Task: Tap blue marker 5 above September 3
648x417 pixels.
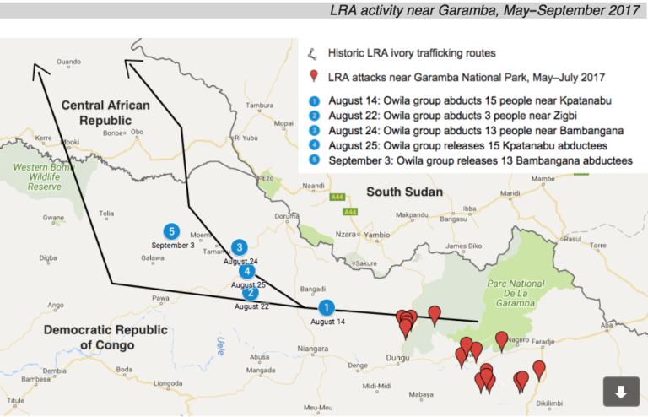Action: [x=172, y=230]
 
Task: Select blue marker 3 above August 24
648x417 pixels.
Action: [x=240, y=247]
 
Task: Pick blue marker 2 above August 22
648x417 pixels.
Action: [x=251, y=292]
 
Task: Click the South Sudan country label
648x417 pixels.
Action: [x=404, y=192]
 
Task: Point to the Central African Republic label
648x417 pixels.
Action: [x=105, y=113]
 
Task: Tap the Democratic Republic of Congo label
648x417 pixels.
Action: [x=95, y=337]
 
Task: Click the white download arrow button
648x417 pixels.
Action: [x=620, y=392]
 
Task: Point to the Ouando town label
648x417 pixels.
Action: [x=67, y=62]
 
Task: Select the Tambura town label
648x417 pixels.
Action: [x=259, y=106]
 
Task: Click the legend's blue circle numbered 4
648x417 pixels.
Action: [x=314, y=145]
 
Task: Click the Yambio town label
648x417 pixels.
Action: [x=377, y=235]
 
